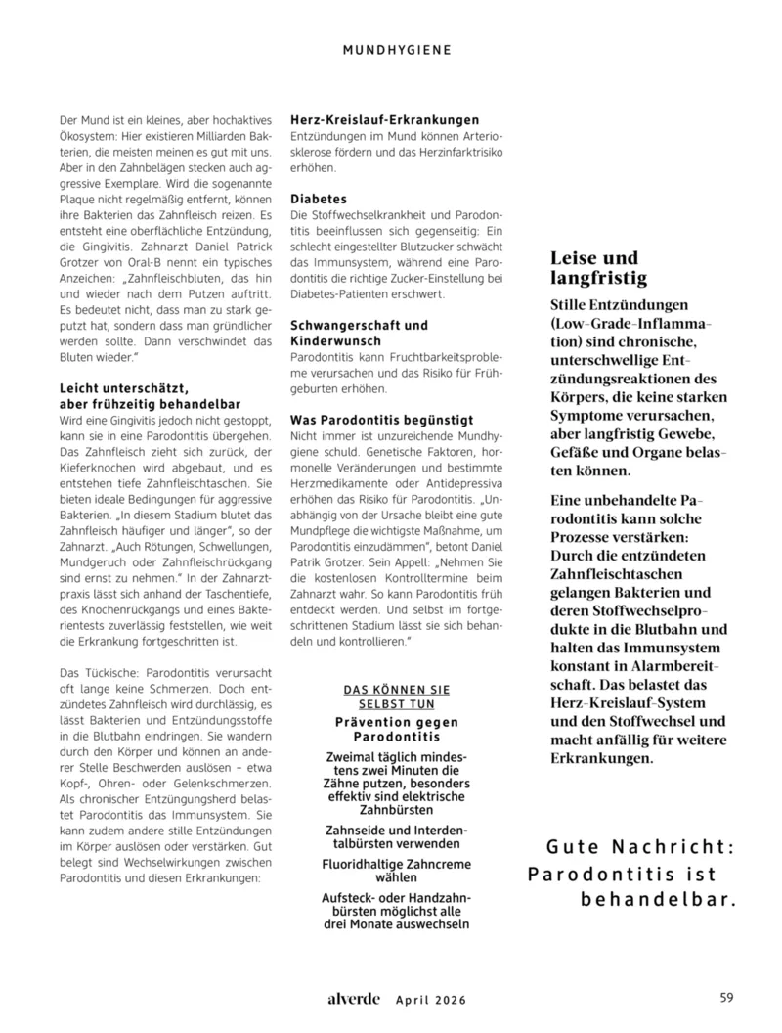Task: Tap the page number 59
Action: [726, 998]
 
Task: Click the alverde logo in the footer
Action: [353, 999]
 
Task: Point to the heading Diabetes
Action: [319, 198]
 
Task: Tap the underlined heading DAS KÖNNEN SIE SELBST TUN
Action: [397, 696]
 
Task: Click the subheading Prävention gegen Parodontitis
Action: [397, 729]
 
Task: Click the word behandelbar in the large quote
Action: [657, 897]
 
